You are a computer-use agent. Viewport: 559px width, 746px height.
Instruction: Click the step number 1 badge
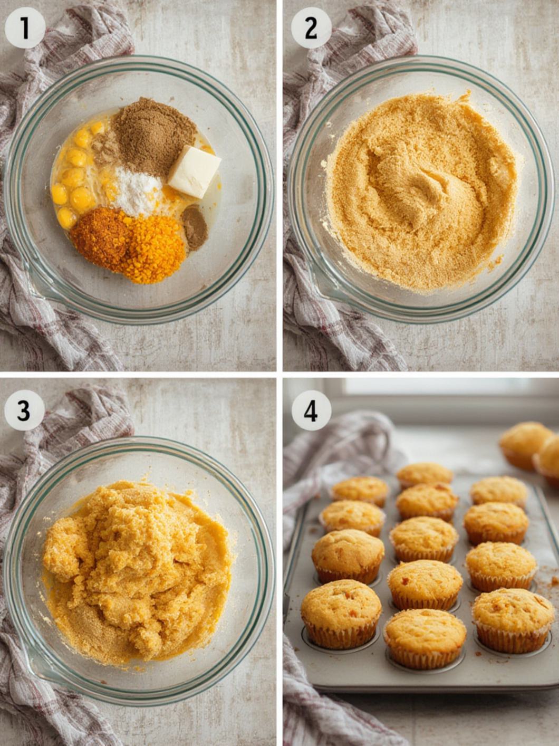click(x=25, y=28)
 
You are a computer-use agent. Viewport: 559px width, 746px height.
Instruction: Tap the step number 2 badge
click(x=311, y=28)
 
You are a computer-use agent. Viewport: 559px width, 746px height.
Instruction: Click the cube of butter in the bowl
click(x=194, y=172)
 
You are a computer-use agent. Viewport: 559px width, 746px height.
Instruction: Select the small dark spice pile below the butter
click(x=195, y=226)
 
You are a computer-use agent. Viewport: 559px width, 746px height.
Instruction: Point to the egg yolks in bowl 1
click(x=74, y=179)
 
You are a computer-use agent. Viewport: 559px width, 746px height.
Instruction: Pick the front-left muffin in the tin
click(x=341, y=612)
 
